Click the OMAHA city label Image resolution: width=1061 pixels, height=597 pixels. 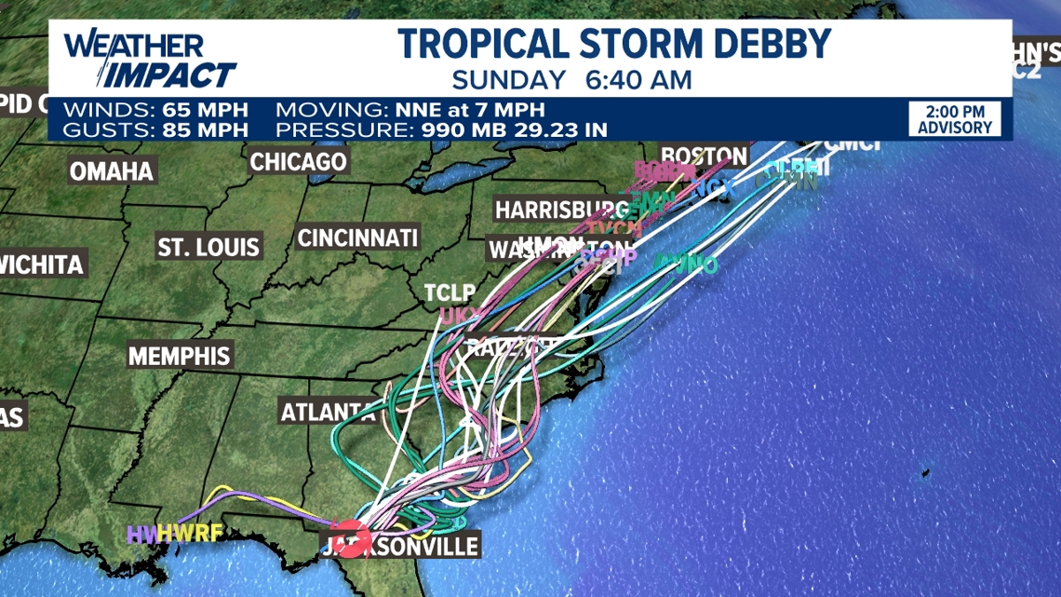point(112,171)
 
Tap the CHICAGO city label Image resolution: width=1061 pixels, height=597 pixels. point(298,161)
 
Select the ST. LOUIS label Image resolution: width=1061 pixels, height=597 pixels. point(208,248)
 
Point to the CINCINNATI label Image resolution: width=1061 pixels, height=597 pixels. point(357,237)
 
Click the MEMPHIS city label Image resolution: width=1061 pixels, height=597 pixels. point(179,356)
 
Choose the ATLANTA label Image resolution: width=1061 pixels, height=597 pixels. point(327,411)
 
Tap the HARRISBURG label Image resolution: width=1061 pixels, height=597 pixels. point(561,210)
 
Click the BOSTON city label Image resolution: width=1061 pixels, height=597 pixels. point(704,156)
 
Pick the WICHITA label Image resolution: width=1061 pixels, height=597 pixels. point(41,265)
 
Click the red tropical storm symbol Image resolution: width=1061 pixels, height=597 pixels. point(353,538)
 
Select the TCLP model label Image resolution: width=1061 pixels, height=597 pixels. point(450,292)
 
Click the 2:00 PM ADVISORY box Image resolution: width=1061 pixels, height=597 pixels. point(955,119)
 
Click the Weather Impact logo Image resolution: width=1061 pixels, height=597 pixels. point(149,60)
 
